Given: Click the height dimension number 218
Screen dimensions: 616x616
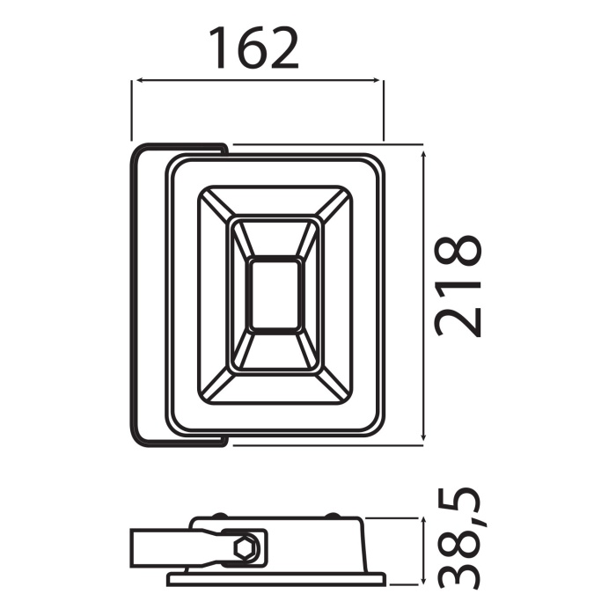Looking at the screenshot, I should (458, 286).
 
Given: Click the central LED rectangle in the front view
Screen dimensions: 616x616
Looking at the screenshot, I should (275, 295).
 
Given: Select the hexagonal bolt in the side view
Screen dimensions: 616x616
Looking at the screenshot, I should (248, 549).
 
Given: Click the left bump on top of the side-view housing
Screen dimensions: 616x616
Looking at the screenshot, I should (220, 517).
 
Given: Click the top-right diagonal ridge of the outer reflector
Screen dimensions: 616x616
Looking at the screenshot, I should (334, 204).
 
